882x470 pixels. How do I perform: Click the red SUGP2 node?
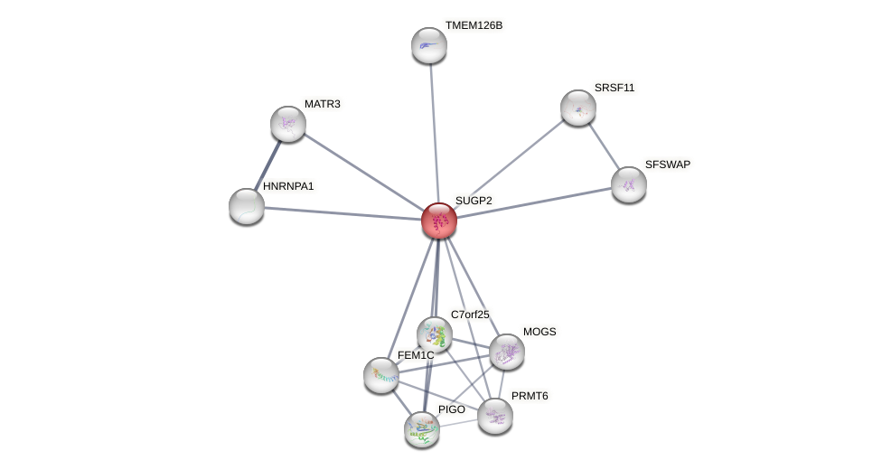(439, 221)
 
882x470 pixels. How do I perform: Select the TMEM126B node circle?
(429, 45)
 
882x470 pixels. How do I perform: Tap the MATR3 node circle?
(288, 124)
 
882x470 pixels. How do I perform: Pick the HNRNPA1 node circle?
(247, 206)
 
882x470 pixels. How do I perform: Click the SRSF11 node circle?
(578, 108)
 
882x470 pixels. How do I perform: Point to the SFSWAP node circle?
(629, 184)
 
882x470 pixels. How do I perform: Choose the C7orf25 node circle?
(435, 334)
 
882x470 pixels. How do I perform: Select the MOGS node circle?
(507, 352)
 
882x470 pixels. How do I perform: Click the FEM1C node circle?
(381, 375)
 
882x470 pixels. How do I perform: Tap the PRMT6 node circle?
(495, 416)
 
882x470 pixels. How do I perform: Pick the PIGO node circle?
(422, 429)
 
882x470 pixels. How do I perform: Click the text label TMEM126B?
(474, 25)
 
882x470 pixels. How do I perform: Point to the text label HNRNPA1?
(288, 186)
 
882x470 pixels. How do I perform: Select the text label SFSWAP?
(667, 164)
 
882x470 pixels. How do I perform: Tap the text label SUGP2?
(473, 201)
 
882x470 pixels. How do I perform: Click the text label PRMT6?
(529, 396)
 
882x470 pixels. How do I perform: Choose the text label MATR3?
(322, 104)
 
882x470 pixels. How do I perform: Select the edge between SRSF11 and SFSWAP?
(604, 146)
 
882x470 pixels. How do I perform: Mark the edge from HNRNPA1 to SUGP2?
(343, 213)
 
